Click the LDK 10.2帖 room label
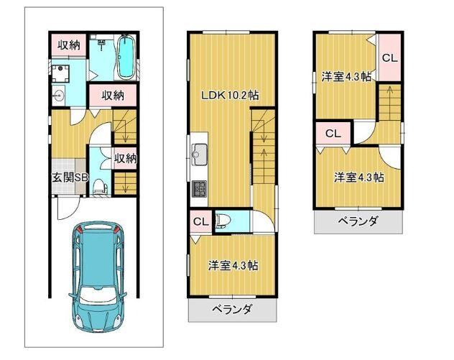pos(230,96)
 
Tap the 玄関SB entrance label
pos(70,177)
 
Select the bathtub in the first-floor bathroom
pos(126,57)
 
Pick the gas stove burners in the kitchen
pos(199,188)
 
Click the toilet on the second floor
pos(223,221)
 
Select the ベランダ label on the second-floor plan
pos(231,310)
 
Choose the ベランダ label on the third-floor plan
pos(358,221)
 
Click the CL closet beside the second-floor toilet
pos(201,222)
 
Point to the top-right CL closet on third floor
pos(390,58)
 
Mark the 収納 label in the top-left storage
pos(69,45)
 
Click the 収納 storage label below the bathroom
pos(113,95)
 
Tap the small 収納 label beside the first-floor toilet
pos(126,158)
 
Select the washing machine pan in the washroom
pos(60,73)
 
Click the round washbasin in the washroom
pos(59,95)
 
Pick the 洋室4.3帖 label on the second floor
pos(233,265)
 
